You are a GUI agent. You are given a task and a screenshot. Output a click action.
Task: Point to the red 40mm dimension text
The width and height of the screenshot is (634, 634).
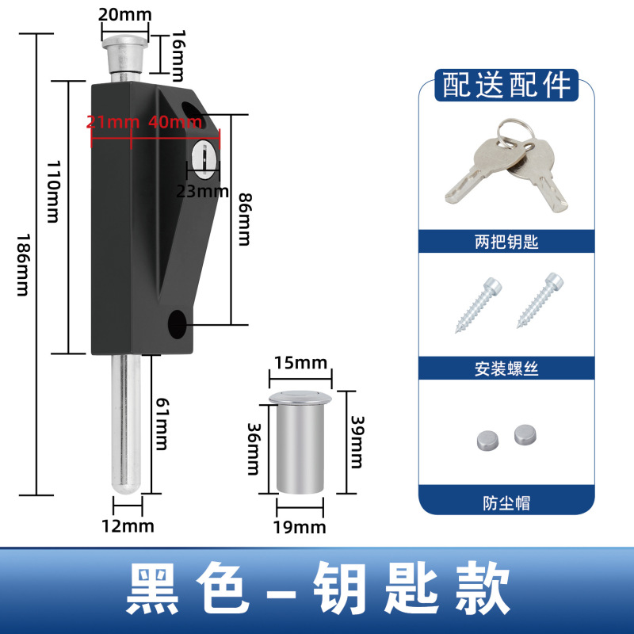[x=174, y=122]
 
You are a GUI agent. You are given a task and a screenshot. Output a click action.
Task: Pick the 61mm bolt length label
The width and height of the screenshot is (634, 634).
[x=160, y=424]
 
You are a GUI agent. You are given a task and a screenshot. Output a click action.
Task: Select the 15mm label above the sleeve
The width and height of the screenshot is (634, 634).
[x=300, y=363]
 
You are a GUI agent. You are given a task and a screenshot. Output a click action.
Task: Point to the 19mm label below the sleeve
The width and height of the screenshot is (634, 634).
[x=300, y=526]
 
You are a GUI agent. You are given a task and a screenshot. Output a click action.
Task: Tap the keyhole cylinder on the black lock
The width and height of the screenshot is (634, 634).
[x=203, y=156]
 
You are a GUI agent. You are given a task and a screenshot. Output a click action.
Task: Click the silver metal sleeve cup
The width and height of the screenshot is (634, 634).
[x=300, y=444]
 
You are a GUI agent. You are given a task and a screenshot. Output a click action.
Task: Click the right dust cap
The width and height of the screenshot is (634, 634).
[x=525, y=433]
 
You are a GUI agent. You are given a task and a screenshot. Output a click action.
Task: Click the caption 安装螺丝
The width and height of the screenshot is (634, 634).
[x=506, y=369]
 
